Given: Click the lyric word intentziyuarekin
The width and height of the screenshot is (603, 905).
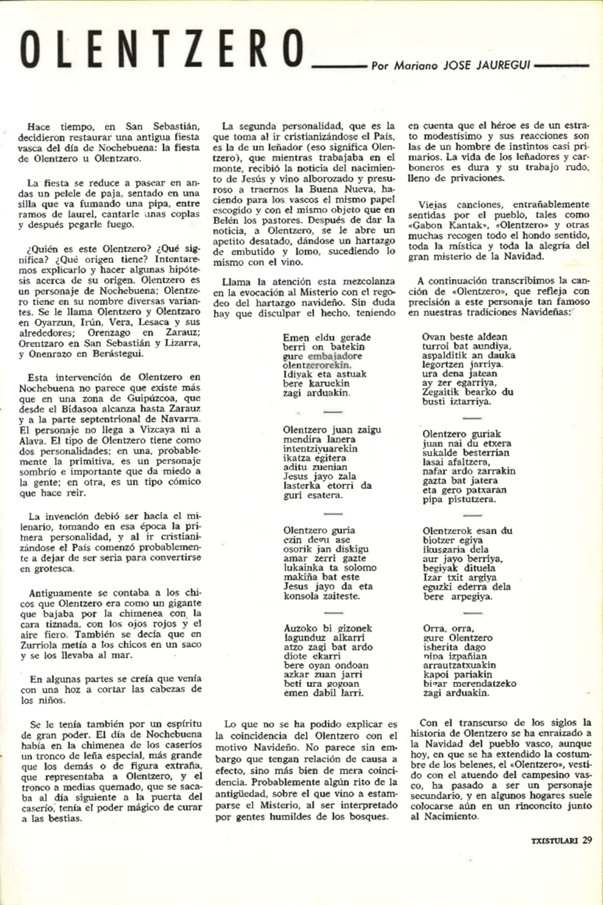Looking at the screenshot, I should pyautogui.click(x=320, y=449).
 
